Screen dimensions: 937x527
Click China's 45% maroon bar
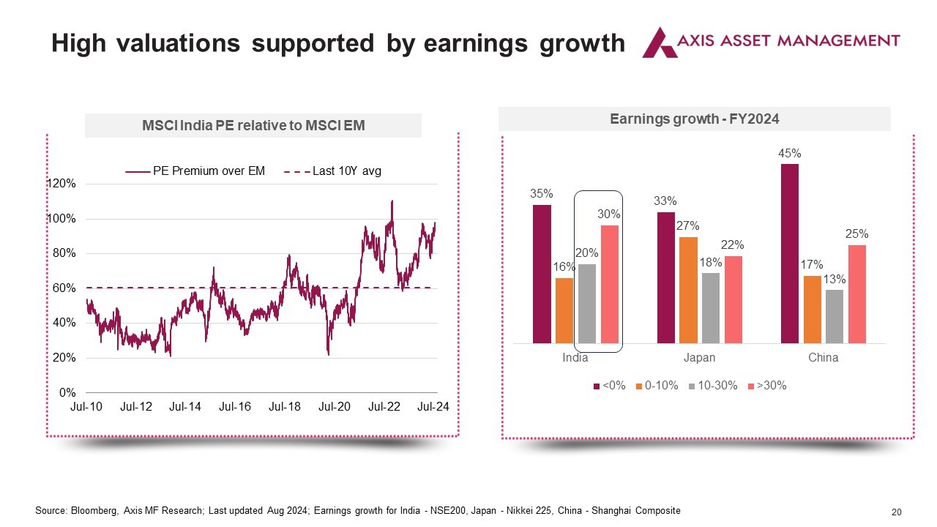point(789,253)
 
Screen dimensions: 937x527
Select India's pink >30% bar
point(610,285)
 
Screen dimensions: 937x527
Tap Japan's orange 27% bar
point(688,291)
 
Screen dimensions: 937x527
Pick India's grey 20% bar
point(587,304)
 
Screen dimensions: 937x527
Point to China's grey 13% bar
point(835,317)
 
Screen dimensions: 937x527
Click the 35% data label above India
point(541,194)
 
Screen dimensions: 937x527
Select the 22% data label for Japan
point(732,244)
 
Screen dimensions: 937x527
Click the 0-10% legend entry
point(657,386)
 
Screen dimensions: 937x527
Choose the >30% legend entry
point(767,386)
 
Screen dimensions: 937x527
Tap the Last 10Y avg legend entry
point(332,171)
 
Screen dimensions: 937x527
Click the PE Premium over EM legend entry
point(195,171)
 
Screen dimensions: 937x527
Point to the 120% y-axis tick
point(61,184)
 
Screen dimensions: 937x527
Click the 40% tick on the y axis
point(64,323)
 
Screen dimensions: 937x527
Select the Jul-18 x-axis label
point(285,406)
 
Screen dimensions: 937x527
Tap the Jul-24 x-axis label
point(433,406)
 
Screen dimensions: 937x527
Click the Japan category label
point(699,358)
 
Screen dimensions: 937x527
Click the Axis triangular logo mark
point(660,42)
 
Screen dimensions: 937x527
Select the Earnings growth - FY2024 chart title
point(695,119)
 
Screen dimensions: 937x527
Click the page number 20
point(897,512)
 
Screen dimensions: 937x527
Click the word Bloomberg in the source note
point(94,511)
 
